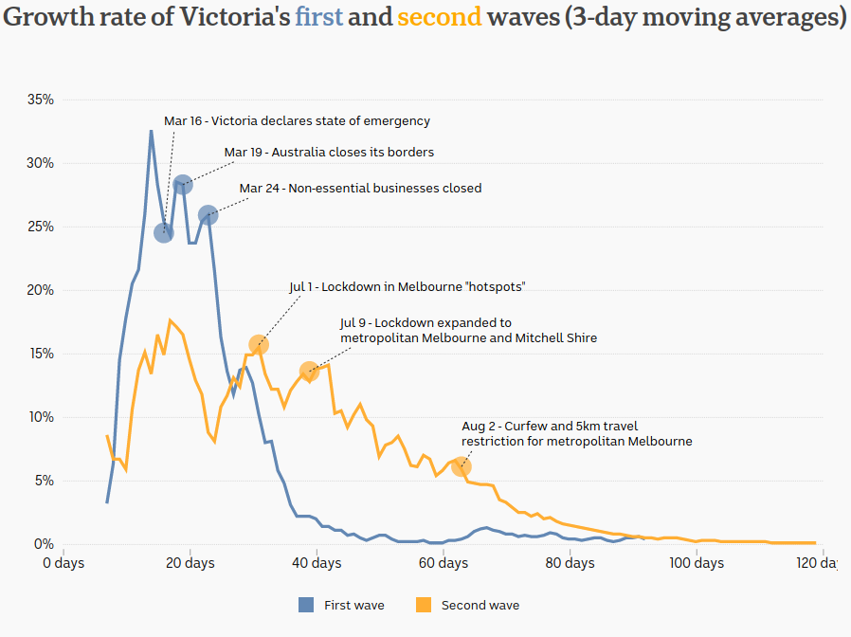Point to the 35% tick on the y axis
[x=40, y=100]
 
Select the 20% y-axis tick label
[x=40, y=290]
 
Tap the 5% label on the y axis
[x=44, y=481]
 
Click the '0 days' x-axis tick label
[x=63, y=563]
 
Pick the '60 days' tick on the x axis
[x=444, y=563]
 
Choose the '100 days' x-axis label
[x=697, y=563]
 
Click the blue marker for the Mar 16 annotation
[x=164, y=232]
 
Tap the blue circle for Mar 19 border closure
[x=183, y=184]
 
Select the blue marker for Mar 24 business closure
[x=208, y=215]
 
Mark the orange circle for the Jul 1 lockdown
[x=259, y=344]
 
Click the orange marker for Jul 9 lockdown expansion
[x=309, y=371]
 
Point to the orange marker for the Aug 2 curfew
[x=462, y=466]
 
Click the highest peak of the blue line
[x=151, y=131]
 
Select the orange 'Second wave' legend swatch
[x=424, y=605]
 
